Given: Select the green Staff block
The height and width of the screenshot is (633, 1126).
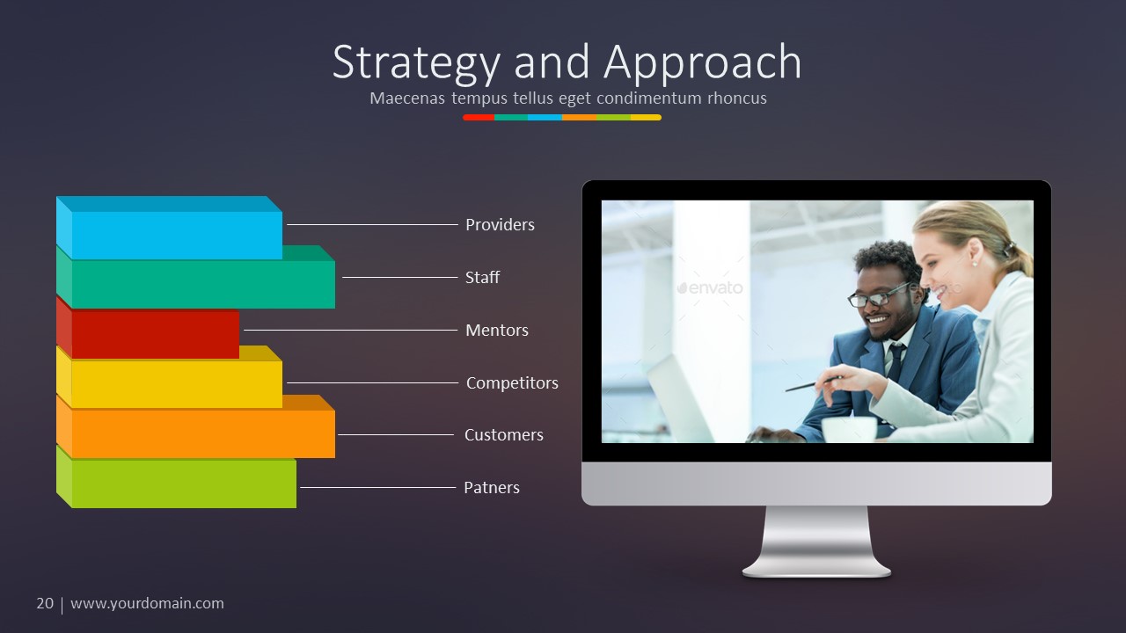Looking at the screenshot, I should pyautogui.click(x=202, y=284).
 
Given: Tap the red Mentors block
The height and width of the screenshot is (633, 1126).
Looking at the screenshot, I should pyautogui.click(x=155, y=334).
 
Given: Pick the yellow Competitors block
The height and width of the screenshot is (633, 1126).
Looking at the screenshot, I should pyautogui.click(x=176, y=384).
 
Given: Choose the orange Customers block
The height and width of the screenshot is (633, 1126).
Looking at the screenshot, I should pyautogui.click(x=202, y=433).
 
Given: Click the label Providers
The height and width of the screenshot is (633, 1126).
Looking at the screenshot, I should pyautogui.click(x=500, y=225).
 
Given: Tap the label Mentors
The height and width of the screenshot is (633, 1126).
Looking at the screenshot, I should pyautogui.click(x=497, y=331).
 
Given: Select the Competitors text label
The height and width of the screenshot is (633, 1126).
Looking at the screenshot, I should pyautogui.click(x=512, y=383).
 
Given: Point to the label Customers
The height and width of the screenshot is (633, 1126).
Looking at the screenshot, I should pyautogui.click(x=504, y=435).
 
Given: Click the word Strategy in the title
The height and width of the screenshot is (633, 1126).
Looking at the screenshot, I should pyautogui.click(x=415, y=63).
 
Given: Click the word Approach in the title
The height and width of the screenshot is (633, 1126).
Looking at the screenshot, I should pyautogui.click(x=703, y=63).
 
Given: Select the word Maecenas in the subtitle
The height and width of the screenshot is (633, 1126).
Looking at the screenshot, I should pyautogui.click(x=407, y=98).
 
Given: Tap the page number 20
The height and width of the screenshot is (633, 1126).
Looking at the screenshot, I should pyautogui.click(x=45, y=603).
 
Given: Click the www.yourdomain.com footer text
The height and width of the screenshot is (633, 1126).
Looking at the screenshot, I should pyautogui.click(x=147, y=603).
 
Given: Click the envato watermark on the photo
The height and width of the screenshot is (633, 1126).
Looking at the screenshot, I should pyautogui.click(x=710, y=287).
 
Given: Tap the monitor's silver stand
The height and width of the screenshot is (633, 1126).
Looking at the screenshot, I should pyautogui.click(x=816, y=541).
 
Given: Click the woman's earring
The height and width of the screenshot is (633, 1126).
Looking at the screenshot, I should pyautogui.click(x=975, y=262).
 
